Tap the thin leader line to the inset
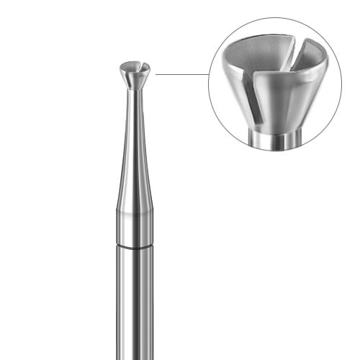click(181, 73)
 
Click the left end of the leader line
click(156, 73)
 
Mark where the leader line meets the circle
click(209, 73)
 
